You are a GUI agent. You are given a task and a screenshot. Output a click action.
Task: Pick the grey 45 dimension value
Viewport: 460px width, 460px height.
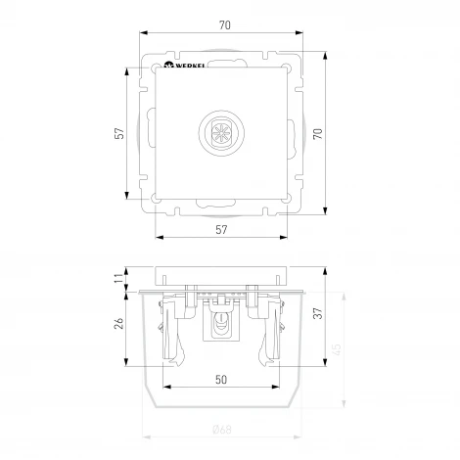coord(338,350)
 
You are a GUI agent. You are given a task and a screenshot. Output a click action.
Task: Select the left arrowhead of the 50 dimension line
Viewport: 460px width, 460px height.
coord(162,386)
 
